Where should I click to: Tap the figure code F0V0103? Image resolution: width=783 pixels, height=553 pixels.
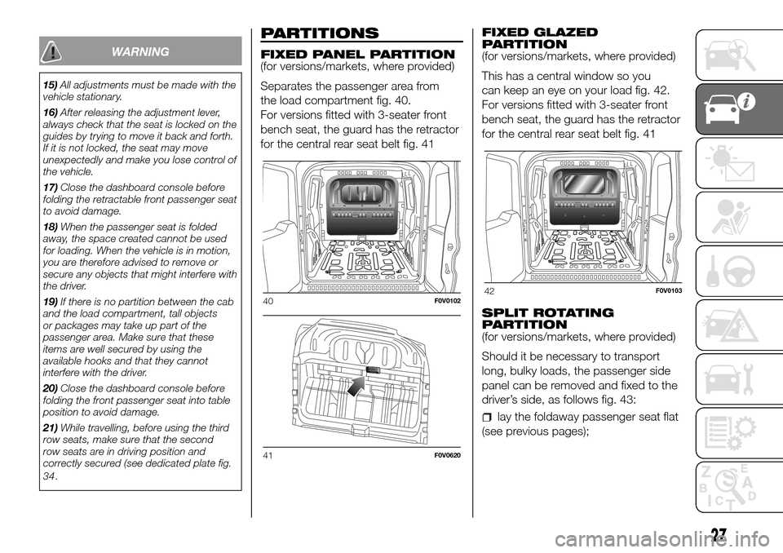click(x=667, y=291)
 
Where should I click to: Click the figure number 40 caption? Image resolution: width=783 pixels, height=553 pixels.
click(x=268, y=301)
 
